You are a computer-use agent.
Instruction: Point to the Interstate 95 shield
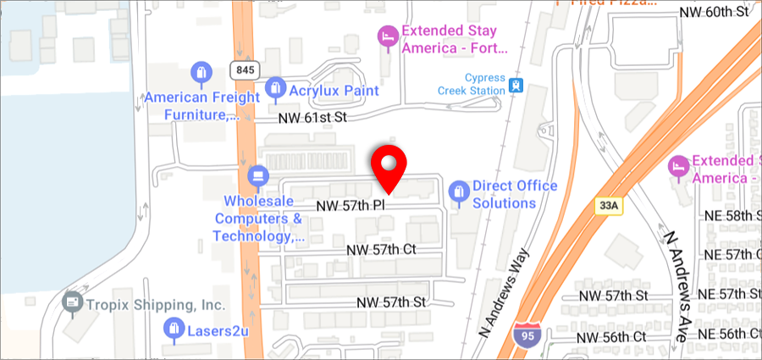pos(524,336)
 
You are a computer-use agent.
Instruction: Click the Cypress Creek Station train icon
pos(515,86)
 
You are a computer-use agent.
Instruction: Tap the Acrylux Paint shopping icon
pos(274,87)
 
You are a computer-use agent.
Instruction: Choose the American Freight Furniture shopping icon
pos(201,72)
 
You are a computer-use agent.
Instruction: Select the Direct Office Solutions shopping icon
pos(458,192)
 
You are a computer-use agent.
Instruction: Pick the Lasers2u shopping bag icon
pos(174,329)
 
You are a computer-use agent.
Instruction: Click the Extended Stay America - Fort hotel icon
pos(387,36)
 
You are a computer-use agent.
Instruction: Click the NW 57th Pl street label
pos(351,206)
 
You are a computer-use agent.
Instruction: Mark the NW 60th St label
pos(715,12)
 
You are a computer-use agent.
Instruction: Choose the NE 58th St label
pos(732,215)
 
